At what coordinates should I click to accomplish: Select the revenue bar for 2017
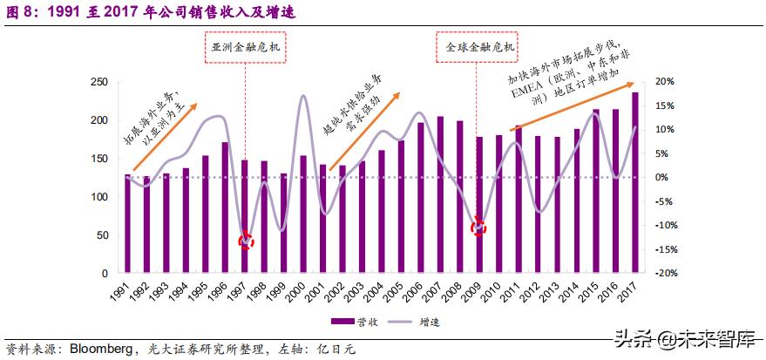point(634,183)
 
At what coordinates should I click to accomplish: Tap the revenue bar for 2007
point(440,194)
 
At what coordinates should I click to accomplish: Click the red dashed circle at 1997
point(247,241)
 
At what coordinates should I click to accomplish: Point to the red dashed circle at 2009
point(478,228)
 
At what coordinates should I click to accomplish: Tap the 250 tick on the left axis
point(99,81)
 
